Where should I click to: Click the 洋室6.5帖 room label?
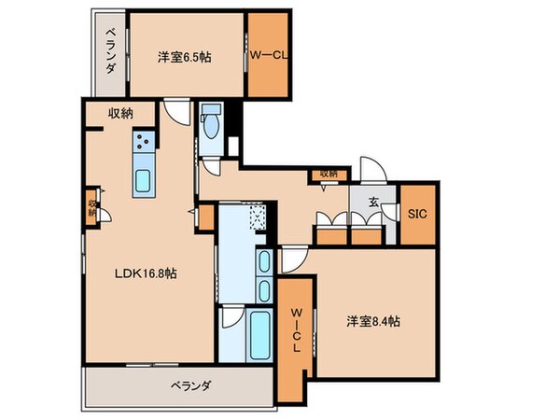[184, 57]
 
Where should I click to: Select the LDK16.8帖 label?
[148, 273]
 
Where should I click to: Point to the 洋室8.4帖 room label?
[373, 321]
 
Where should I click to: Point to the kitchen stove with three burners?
[145, 145]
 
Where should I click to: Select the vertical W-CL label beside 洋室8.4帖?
[295, 329]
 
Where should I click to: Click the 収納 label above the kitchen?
[119, 113]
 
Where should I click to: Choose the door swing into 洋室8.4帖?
[294, 259]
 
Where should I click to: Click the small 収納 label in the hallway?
[328, 173]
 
